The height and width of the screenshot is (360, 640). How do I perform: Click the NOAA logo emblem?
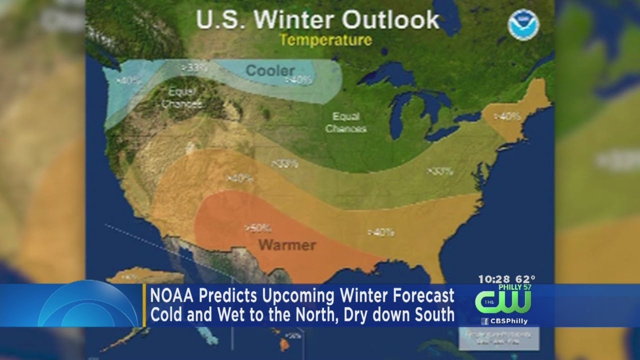pyautogui.click(x=523, y=26)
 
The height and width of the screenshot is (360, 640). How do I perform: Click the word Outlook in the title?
pyautogui.click(x=391, y=20)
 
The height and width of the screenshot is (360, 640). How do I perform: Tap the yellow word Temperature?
pyautogui.click(x=325, y=40)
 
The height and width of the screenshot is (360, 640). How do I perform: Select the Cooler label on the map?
pyautogui.click(x=270, y=70)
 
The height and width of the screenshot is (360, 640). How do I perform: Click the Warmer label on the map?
pyautogui.click(x=287, y=245)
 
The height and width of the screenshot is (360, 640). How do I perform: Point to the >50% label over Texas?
pyautogui.click(x=257, y=228)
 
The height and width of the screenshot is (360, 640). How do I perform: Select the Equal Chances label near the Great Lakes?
pyautogui.click(x=346, y=122)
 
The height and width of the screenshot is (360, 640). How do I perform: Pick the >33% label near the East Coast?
pyautogui.click(x=440, y=171)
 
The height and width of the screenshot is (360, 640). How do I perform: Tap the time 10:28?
pyautogui.click(x=494, y=279)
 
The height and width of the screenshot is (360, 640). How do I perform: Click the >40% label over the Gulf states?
pyautogui.click(x=381, y=232)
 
